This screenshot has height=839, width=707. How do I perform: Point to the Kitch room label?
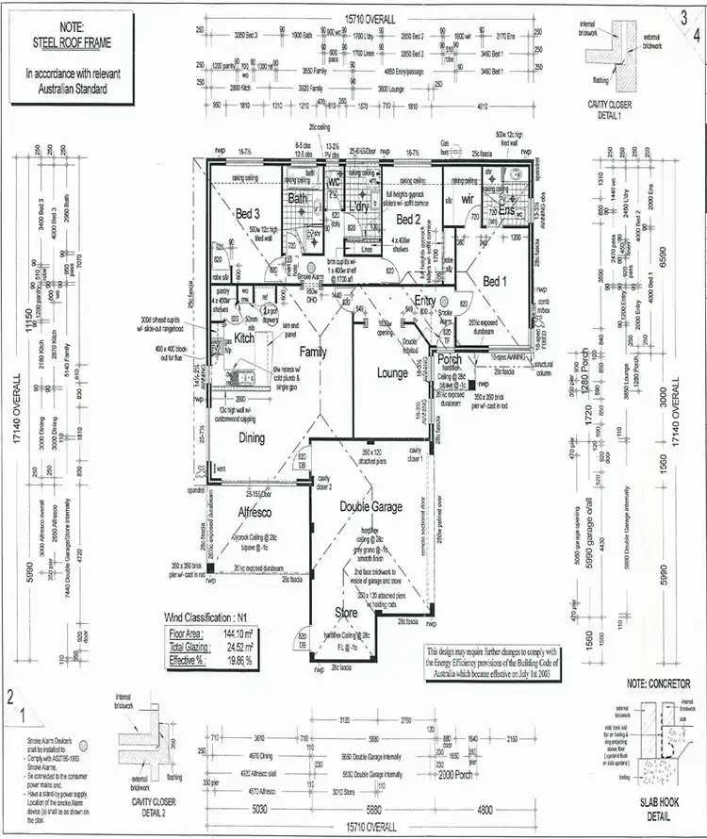tap(244, 337)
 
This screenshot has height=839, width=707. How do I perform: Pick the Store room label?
tap(347, 614)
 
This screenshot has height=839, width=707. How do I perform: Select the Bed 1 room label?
tap(496, 281)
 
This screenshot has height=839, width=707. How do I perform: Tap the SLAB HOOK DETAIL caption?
tap(658, 809)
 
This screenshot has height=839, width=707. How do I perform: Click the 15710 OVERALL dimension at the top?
tap(370, 18)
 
